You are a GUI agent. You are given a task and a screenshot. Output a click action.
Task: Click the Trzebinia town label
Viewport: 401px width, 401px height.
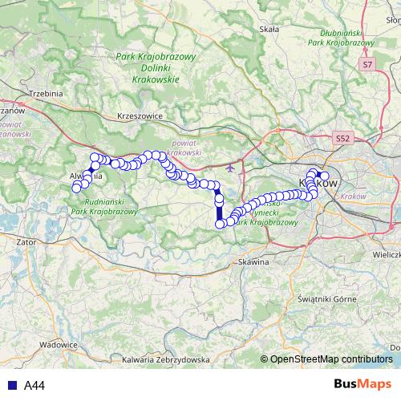45,93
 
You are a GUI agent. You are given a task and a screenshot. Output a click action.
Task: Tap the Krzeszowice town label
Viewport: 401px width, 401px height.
140,115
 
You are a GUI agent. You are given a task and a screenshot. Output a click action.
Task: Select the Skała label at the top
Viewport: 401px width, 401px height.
269,29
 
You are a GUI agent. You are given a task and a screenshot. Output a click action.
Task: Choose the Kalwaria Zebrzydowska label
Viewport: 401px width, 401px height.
166,360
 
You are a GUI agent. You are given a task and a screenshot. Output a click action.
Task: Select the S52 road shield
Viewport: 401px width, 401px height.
343,139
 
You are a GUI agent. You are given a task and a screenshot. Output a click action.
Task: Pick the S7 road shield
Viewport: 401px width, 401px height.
367,63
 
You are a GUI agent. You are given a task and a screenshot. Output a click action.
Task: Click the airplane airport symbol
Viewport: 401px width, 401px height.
232,168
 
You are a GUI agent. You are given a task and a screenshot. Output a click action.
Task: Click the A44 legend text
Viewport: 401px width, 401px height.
34,386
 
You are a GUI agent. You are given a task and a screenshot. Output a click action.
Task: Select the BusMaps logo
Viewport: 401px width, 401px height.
363,385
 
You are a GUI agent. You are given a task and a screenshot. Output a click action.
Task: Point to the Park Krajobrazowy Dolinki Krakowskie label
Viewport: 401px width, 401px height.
156,67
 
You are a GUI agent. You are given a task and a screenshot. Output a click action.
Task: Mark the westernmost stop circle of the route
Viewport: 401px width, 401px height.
77,188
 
